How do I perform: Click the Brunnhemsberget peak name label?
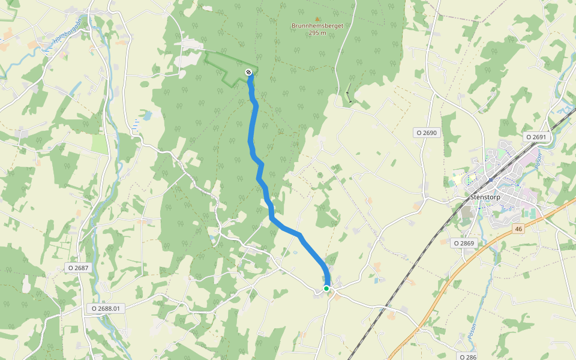(317, 26)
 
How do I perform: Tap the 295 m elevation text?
(317, 33)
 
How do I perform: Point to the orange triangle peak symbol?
(317, 19)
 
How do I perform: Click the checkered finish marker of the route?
(248, 73)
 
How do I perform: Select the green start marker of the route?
(326, 289)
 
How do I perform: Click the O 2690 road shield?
(427, 133)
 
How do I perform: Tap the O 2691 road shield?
(536, 137)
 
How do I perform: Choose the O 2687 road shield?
(79, 268)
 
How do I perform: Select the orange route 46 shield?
(519, 229)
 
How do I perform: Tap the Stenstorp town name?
(485, 196)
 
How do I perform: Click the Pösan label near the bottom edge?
(472, 331)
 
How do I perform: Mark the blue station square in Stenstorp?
(491, 179)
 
